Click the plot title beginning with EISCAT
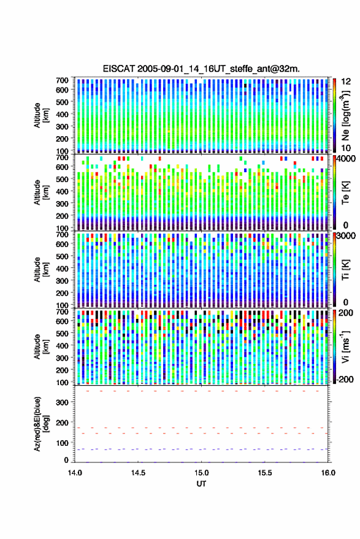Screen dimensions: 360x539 (x=201, y=69)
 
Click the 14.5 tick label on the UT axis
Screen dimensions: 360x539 (x=138, y=473)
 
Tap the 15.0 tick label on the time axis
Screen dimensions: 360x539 (x=201, y=473)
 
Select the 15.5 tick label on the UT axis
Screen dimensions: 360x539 (x=264, y=473)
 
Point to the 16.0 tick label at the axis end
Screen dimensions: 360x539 (x=328, y=473)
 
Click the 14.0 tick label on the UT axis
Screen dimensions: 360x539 (x=75, y=473)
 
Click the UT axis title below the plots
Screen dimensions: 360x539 (x=201, y=484)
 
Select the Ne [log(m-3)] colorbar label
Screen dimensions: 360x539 (x=345, y=115)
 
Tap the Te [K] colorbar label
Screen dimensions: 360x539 (x=345, y=193)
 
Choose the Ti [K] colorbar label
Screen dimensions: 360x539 (x=345, y=270)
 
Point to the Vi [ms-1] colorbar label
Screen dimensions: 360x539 (x=345, y=346)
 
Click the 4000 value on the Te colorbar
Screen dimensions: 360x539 (x=346, y=159)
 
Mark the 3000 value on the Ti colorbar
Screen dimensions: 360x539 (x=346, y=236)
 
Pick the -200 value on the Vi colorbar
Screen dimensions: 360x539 (x=345, y=380)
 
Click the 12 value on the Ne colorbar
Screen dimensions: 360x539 (x=346, y=82)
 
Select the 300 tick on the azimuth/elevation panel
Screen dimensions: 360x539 (x=62, y=402)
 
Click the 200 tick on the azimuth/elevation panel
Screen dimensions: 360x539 (x=62, y=422)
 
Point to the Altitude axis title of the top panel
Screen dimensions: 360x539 (x=42, y=115)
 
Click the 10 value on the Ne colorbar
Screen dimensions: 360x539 (x=346, y=148)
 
